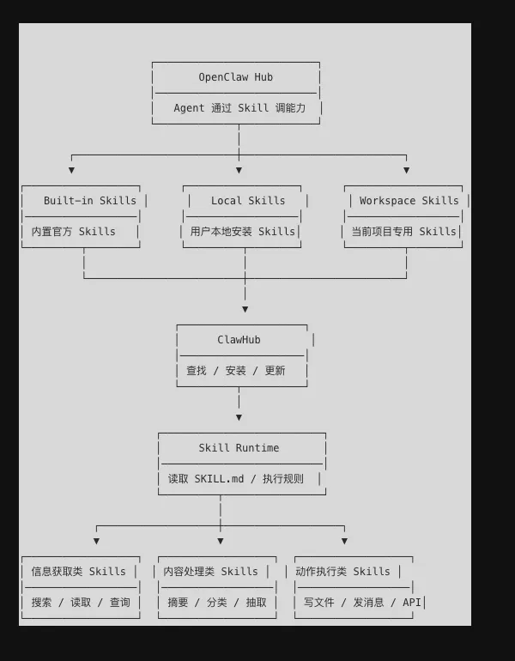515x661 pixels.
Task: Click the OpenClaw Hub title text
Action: [236, 77]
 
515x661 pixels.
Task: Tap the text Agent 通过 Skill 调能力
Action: [239, 108]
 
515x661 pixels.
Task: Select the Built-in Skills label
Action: [90, 201]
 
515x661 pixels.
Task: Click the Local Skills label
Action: [248, 201]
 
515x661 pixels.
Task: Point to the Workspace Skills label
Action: [409, 201]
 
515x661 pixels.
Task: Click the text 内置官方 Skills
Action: [73, 232]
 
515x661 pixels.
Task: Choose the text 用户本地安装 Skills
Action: [242, 232]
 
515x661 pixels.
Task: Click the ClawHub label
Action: [239, 340]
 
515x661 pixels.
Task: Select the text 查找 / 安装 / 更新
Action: [236, 371]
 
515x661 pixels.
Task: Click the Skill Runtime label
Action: [239, 448]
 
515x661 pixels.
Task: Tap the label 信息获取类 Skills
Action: [79, 572]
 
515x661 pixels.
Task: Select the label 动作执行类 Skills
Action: [342, 572]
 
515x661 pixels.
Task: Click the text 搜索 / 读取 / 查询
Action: [81, 603]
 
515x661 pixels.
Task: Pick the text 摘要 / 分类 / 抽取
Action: [217, 603]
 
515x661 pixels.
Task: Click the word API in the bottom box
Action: [412, 603]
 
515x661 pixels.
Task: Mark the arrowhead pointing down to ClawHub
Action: [245, 309]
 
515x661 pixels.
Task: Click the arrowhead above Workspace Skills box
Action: [406, 170]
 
